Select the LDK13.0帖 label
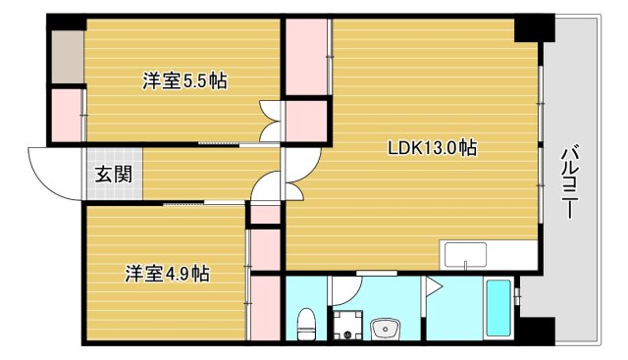(432, 149)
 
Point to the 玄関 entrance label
(108, 176)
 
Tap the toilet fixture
(305, 321)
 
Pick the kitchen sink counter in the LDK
(489, 254)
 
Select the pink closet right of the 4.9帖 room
(264, 307)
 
